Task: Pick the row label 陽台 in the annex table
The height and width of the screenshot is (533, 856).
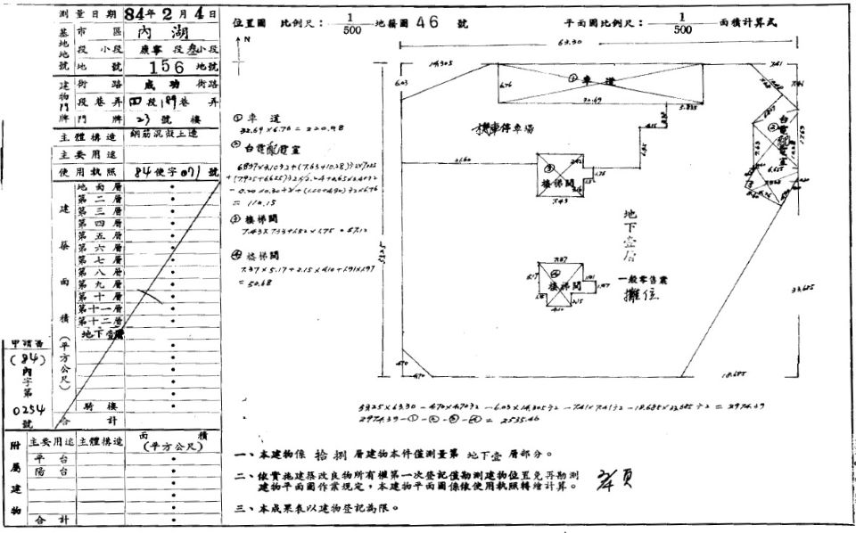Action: point(56,472)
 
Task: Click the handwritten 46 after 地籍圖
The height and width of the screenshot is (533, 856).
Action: point(428,22)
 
